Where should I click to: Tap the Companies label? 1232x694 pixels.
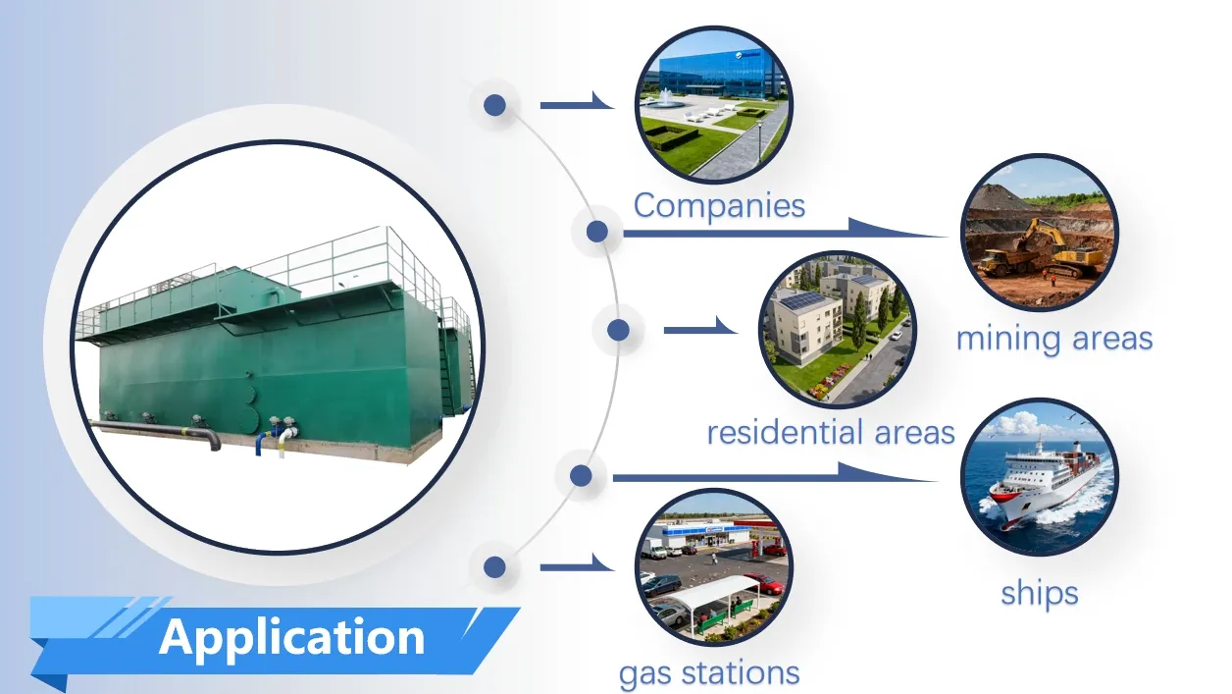719,205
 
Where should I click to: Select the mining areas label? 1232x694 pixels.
1053,339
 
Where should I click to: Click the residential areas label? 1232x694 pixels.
830,432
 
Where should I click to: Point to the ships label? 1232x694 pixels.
1039,593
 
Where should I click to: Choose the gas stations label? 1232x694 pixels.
708,673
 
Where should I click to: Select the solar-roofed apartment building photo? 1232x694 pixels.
836,328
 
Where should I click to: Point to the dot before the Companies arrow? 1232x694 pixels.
495,104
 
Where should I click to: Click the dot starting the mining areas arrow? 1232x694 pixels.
596,233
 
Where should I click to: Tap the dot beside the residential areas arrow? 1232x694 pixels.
618,330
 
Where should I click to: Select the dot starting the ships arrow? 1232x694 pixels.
581,476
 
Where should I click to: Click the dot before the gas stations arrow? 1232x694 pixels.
494,566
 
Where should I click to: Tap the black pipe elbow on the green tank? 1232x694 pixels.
211,440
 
